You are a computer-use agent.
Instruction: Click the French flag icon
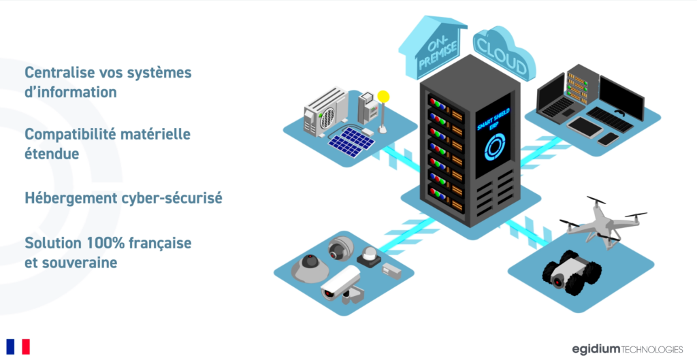tap(18, 346)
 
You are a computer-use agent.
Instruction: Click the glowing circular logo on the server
tap(493, 146)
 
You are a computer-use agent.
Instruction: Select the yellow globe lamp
tap(383, 97)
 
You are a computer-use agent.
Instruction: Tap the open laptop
tap(557, 97)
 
